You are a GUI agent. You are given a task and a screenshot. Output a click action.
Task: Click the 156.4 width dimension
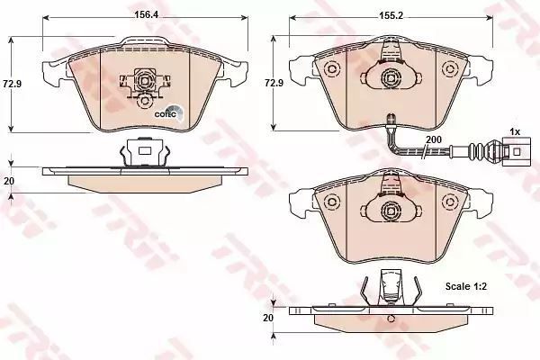pos(144,14)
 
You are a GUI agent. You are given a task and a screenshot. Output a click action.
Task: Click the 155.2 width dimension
pos(391,15)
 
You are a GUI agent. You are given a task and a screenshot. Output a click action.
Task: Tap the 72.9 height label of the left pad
pos(12,84)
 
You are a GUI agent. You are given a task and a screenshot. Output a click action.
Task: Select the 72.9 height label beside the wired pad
pos(274,83)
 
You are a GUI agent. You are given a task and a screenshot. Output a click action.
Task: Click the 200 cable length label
pos(434,139)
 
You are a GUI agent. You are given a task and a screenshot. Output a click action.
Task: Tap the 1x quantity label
pos(515,131)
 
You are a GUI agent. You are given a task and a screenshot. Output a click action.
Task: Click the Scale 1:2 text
pos(466,286)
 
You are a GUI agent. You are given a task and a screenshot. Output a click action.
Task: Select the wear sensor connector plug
pos(512,152)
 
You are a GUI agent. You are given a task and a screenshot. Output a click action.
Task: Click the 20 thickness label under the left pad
pos(9,181)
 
